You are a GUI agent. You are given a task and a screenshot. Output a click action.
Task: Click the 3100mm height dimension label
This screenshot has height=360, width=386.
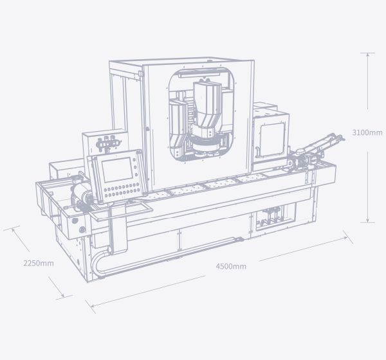367,132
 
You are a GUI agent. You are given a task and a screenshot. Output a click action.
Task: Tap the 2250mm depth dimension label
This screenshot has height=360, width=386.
39,264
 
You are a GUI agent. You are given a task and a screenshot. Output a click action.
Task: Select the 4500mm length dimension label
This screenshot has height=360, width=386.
231,266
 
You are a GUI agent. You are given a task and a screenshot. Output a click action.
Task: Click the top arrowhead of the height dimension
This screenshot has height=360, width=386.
367,55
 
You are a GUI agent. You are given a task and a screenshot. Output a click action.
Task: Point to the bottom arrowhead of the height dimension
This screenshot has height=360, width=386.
367,221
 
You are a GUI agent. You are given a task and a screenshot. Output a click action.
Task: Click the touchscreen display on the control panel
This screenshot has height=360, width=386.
117,170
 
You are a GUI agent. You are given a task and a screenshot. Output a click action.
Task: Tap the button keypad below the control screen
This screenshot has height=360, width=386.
121,190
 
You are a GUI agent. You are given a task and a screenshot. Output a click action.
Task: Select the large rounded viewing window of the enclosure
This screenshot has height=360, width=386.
201,115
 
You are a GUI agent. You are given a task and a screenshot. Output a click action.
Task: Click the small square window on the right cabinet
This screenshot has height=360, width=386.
272,139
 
